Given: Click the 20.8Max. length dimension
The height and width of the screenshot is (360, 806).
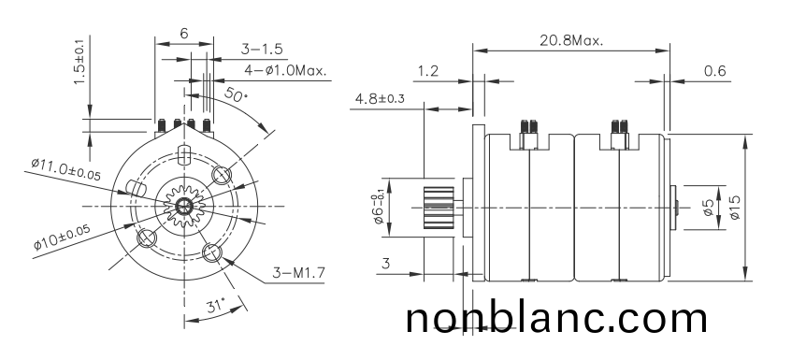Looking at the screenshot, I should point(570,41).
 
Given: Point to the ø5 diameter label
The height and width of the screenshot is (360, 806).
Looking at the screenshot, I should point(708,206).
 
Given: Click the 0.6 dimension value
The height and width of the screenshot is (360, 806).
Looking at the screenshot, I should point(715,71).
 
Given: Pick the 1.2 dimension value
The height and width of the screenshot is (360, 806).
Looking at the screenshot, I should point(429,71).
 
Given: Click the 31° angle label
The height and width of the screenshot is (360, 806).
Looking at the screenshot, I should point(216,305).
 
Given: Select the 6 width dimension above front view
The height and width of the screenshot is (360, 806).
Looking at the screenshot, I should point(183,33).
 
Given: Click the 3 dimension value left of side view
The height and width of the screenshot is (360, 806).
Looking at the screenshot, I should point(385,265).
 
